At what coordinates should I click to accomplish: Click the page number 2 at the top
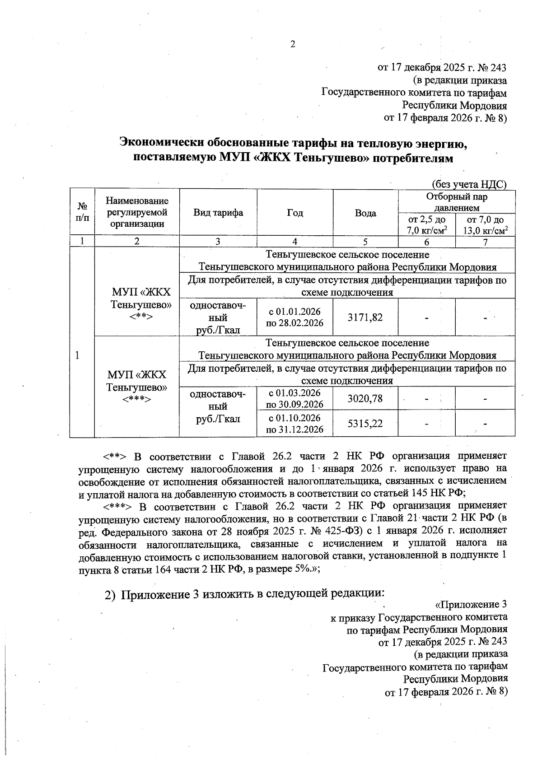coord(293,44)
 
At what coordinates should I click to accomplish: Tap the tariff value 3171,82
coord(365,317)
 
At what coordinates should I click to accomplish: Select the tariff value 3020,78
coord(365,398)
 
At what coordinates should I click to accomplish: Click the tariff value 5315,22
coord(365,424)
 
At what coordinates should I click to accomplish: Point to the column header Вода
coord(365,213)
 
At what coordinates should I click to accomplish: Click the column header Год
coord(294,213)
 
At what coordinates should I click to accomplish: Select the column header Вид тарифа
coord(218,213)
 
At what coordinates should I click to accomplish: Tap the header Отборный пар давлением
coord(456,202)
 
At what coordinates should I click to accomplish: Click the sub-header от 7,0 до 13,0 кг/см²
coord(485,225)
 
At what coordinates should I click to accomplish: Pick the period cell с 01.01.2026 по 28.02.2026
coord(294,317)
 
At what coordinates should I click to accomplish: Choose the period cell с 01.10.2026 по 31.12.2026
coord(294,423)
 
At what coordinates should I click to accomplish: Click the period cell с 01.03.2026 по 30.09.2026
coord(294,398)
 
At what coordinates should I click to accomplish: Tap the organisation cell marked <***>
coord(136,387)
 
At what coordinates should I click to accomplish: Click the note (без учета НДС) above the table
coord(468,184)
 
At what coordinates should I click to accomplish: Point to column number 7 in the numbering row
coord(485,242)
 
